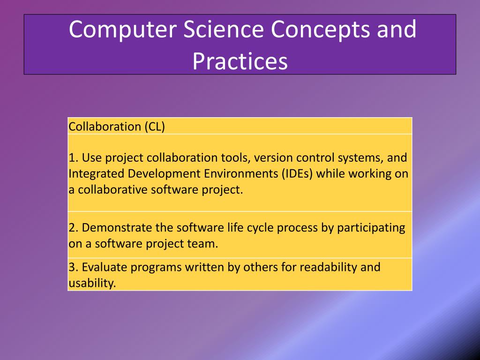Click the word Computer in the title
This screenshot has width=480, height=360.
click(x=123, y=30)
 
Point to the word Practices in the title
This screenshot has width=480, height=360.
click(x=240, y=61)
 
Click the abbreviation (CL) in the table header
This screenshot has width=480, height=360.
click(x=155, y=127)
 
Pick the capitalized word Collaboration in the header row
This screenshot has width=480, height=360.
click(x=105, y=127)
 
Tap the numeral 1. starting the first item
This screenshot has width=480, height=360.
click(x=74, y=157)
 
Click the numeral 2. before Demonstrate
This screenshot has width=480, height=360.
click(x=74, y=228)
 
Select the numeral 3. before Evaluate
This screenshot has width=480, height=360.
click(x=74, y=267)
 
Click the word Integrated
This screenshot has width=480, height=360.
click(x=97, y=174)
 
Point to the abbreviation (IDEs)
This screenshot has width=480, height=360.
click(x=297, y=174)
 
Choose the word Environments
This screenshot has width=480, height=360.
click(x=241, y=173)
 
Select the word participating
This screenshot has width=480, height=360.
click(x=371, y=228)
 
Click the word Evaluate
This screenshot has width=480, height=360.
click(x=105, y=267)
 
